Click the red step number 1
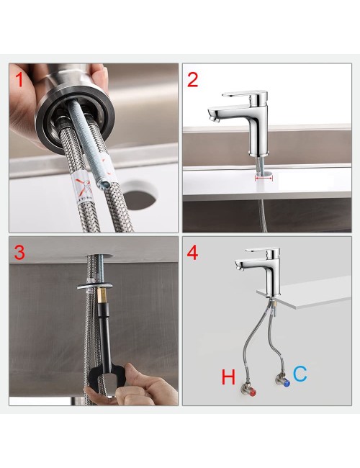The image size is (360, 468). [19, 80]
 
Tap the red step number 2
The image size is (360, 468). [192, 80]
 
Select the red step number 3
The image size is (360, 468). [19, 252]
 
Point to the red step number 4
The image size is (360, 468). [192, 253]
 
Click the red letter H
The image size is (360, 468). [228, 377]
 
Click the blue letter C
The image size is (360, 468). [300, 374]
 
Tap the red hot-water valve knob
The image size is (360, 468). [253, 392]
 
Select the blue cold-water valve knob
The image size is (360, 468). [287, 382]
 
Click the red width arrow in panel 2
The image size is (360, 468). [264, 179]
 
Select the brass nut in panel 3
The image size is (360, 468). [99, 296]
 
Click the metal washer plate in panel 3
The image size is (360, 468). [94, 287]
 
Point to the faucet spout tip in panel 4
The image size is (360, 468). [238, 267]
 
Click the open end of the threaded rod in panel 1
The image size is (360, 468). [102, 185]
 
